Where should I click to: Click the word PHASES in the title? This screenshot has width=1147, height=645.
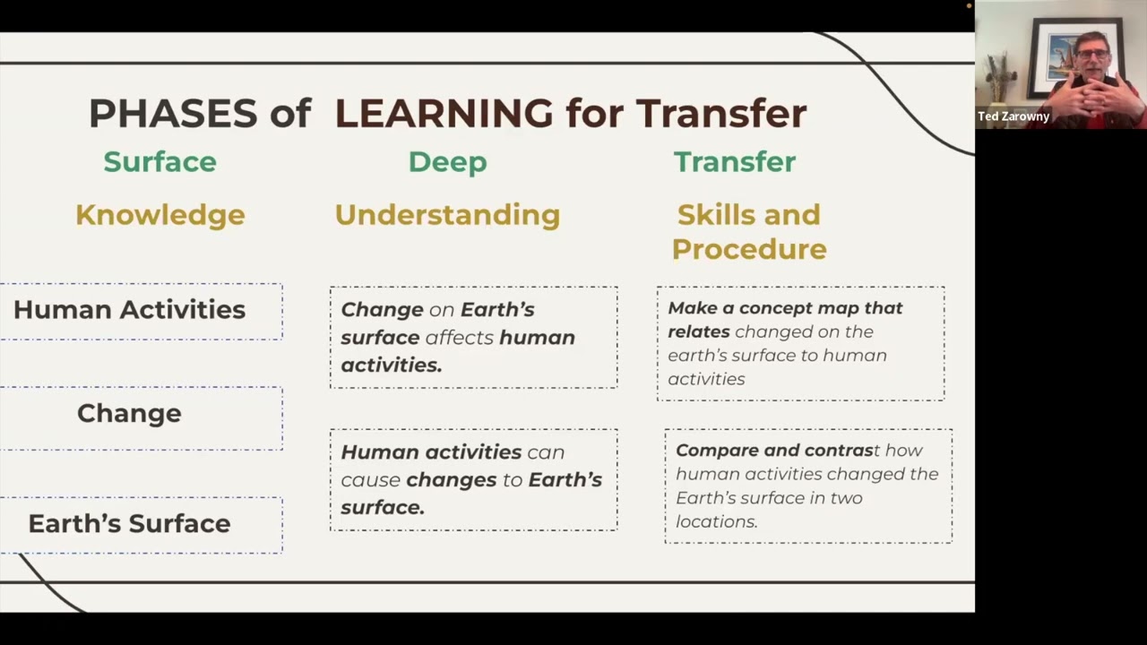tap(173, 114)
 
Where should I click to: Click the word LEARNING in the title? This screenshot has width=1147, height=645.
tap(444, 114)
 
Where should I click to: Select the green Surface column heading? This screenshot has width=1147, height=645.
tap(160, 162)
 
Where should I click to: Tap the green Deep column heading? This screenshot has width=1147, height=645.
tap(447, 162)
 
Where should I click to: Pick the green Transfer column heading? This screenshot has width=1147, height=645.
tap(734, 162)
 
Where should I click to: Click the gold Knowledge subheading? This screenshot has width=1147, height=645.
tap(160, 215)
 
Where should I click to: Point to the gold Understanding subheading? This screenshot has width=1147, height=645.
tap(447, 215)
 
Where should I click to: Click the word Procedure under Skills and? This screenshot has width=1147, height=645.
tap(749, 249)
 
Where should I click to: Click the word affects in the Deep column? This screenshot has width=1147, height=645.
tap(459, 338)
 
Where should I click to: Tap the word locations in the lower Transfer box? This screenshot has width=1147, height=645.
tap(715, 521)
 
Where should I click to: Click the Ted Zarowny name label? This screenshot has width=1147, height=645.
tap(1013, 116)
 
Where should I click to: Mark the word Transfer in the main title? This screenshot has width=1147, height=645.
tap(721, 114)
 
